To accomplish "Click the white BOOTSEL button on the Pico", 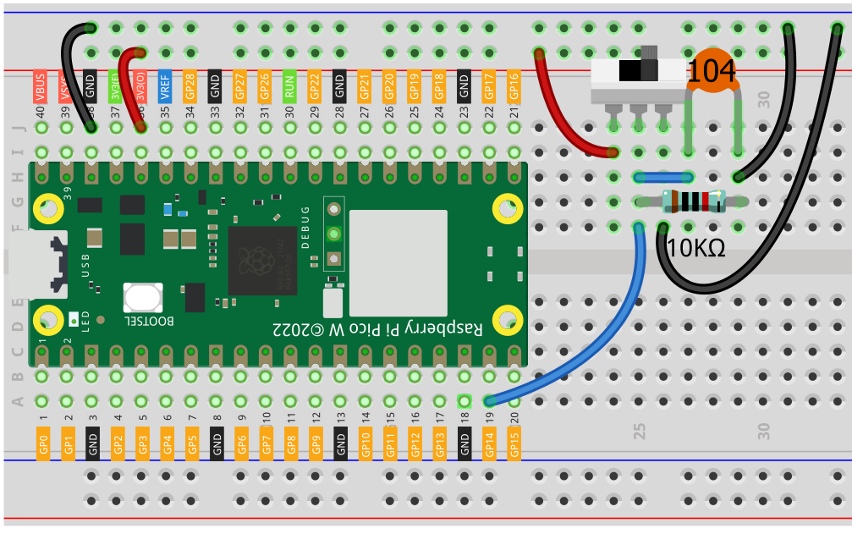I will [142, 297].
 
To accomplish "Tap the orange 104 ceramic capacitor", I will [711, 73].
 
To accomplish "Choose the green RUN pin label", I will [289, 86].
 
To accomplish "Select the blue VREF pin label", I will [165, 88].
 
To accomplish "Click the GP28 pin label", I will [190, 88].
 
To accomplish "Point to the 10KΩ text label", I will [695, 248].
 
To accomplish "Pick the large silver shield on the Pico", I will [398, 262].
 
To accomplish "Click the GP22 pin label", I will [315, 88].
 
